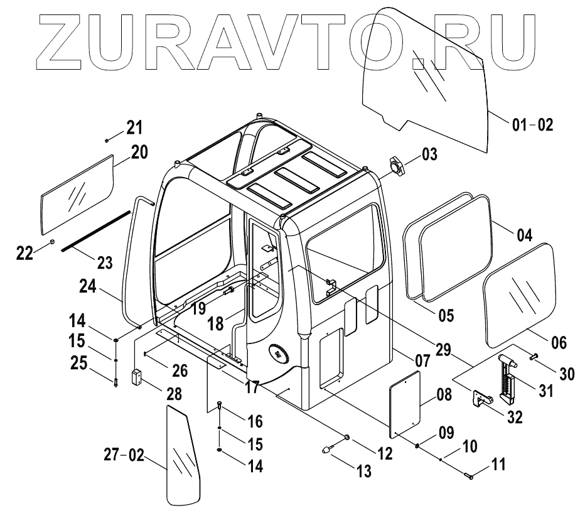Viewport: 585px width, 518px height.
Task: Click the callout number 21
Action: click(134, 128)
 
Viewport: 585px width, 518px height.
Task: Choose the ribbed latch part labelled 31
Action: click(506, 377)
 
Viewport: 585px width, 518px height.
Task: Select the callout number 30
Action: click(566, 374)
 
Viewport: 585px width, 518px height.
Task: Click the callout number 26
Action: click(180, 370)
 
